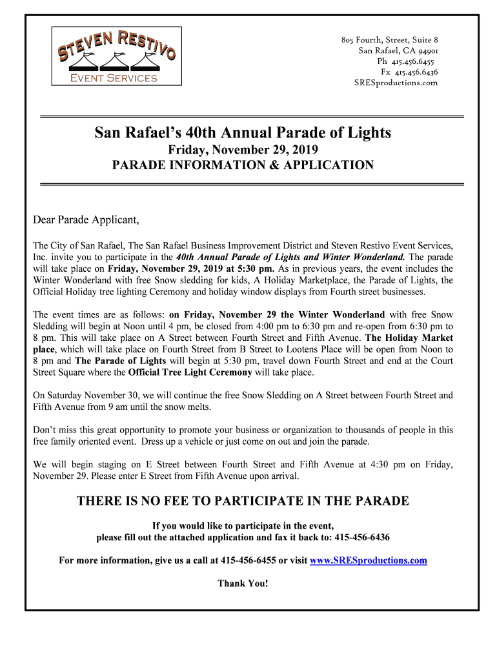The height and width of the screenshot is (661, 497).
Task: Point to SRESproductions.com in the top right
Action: point(396,83)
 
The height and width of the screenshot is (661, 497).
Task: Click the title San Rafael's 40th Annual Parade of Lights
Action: point(243,133)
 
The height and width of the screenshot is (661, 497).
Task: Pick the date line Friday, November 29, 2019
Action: point(243,150)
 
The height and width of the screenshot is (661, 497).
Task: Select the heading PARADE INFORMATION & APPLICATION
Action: point(243,165)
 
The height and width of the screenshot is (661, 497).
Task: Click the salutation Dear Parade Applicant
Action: point(86,220)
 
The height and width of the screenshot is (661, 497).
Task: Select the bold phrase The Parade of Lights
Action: point(121,361)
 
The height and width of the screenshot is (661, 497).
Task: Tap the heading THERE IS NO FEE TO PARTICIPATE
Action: point(243,501)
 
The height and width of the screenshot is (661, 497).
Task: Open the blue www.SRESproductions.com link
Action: point(369,560)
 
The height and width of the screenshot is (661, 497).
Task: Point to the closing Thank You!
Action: point(243,583)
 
